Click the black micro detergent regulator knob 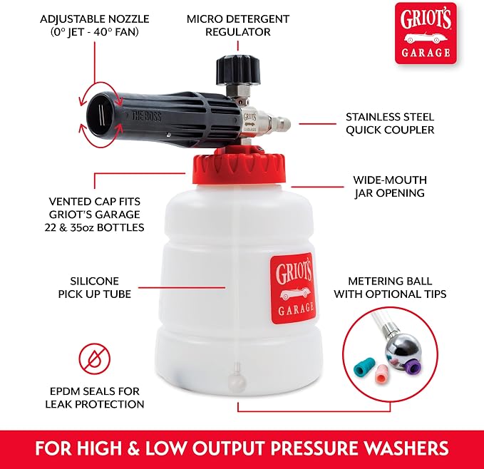coord(238,70)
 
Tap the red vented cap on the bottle coord(240,167)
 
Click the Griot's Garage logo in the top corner coord(426,33)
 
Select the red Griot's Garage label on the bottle coord(294,288)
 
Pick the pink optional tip coord(382,374)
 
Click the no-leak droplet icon coord(95,359)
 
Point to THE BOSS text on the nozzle coord(146,116)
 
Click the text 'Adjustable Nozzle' coord(95,19)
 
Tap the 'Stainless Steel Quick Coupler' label coord(390,123)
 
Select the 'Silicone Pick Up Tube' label coord(95,287)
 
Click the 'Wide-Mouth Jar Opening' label coord(390,186)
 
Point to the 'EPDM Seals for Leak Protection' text coord(95,398)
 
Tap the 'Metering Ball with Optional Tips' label coord(390,287)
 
